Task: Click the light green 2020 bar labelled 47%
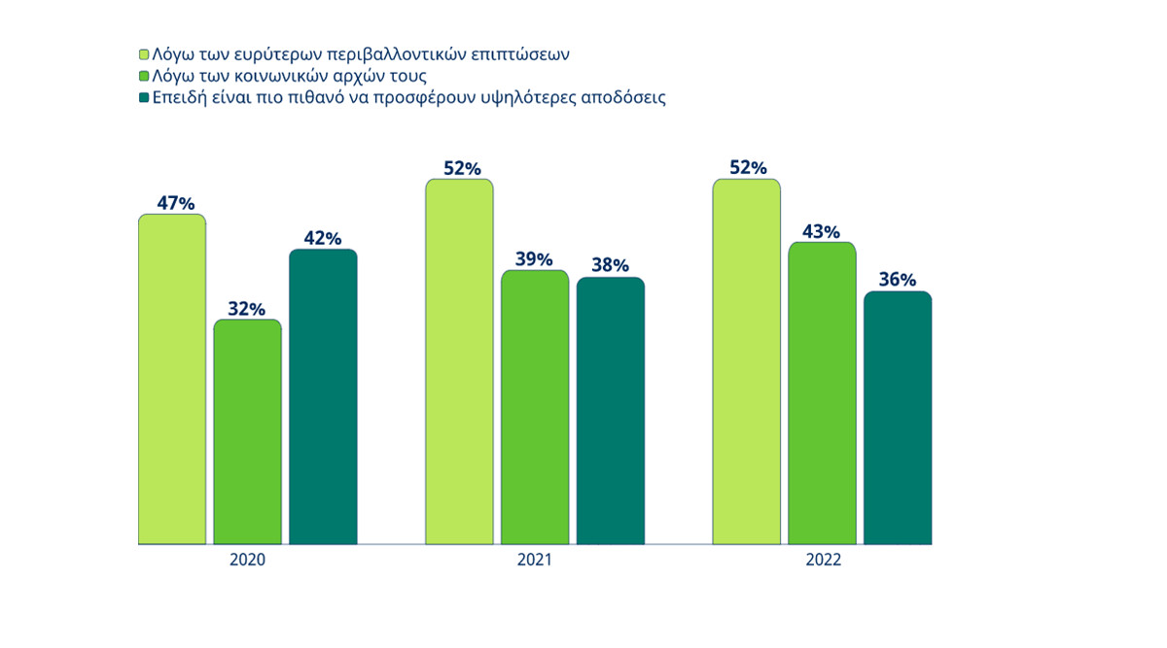pos(172,379)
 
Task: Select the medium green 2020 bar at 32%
pos(247,431)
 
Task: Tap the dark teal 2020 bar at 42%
pos(323,396)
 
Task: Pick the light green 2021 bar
pos(459,361)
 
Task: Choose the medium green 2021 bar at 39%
pos(535,407)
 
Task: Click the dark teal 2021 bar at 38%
pos(611,410)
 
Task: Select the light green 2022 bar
pos(746,361)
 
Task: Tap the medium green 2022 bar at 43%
pos(822,392)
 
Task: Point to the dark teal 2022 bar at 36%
pos(898,418)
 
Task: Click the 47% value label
pos(176,203)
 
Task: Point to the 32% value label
pos(247,309)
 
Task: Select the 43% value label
pos(822,232)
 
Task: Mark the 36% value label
pos(898,281)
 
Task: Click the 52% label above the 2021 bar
pos(462,168)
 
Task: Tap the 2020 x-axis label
pos(247,562)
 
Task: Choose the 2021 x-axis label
pos(534,562)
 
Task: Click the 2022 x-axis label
pos(822,562)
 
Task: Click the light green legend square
pos(144,53)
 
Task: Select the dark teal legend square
pos(144,98)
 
